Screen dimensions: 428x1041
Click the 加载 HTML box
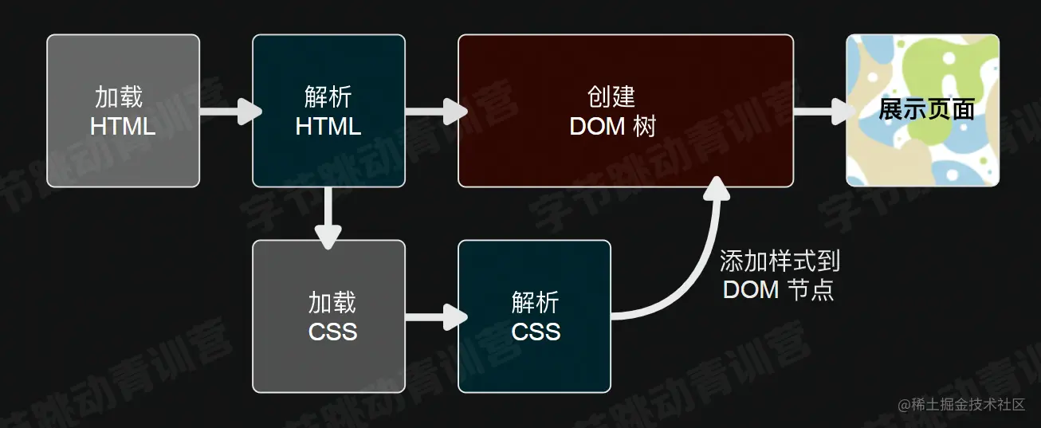pos(123,111)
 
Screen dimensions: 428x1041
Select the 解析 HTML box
pos(328,111)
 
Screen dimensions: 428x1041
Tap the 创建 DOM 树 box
pos(625,111)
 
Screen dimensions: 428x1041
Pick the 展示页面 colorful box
pos(922,111)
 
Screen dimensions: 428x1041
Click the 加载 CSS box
pos(328,316)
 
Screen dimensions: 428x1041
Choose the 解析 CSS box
pos(534,316)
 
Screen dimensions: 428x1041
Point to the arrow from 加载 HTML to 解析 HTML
pos(229,111)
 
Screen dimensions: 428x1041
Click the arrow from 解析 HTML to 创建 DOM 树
pos(434,111)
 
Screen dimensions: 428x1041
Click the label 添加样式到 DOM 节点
pos(779,275)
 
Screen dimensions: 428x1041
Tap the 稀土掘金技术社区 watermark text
pos(968,405)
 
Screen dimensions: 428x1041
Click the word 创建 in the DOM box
pos(611,96)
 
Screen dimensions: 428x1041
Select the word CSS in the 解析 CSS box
pos(536,331)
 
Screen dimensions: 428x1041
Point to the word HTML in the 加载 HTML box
pos(123,126)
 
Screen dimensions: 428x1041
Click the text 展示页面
pos(926,110)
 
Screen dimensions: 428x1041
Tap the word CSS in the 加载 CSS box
pos(332,331)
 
